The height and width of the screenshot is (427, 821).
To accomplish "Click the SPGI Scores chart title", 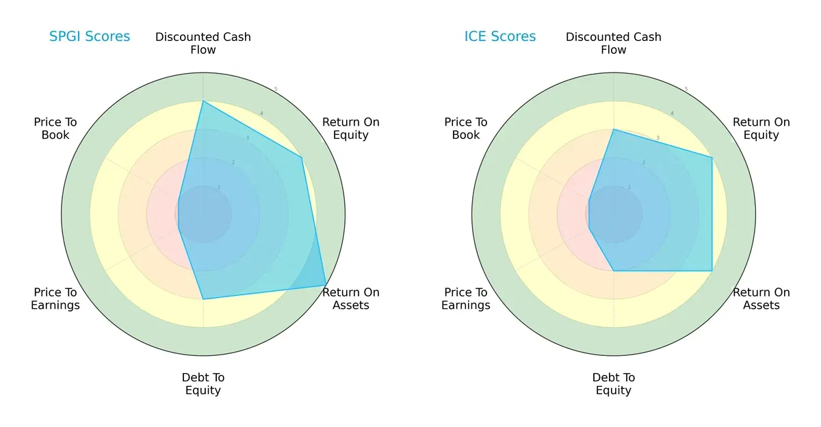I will click(x=89, y=37).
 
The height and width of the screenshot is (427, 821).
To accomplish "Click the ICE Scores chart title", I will click(x=500, y=37).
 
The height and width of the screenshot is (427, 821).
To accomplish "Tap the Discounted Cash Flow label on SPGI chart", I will click(x=203, y=43).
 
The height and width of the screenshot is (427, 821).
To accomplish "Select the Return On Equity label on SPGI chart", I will click(x=350, y=128).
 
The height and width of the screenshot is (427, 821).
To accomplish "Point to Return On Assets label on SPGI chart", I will click(x=350, y=299).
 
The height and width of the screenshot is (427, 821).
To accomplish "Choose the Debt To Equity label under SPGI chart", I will click(x=203, y=384).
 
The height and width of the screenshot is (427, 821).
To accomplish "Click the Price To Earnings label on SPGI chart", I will click(x=55, y=299).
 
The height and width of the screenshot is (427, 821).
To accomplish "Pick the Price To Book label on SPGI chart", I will click(x=55, y=128).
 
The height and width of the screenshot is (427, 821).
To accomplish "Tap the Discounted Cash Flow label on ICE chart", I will click(x=614, y=43).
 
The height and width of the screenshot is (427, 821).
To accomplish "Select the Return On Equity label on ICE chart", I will click(x=761, y=128).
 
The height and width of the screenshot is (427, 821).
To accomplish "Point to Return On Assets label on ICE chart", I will click(x=761, y=299).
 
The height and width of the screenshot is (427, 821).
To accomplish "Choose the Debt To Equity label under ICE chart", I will click(x=614, y=384).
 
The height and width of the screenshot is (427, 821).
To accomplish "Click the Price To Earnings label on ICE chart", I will click(x=466, y=299).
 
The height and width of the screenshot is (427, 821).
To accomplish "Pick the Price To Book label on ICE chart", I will click(x=466, y=128).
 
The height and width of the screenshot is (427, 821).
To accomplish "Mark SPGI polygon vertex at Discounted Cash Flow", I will click(x=203, y=101).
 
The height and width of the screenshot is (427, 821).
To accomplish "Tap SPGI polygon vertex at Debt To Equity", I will click(x=203, y=299).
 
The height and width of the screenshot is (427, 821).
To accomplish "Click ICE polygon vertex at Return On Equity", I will click(x=712, y=158).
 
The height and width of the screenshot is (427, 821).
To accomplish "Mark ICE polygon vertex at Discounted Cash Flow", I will click(x=614, y=129).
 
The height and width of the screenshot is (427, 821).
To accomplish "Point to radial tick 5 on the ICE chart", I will click(x=686, y=89).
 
